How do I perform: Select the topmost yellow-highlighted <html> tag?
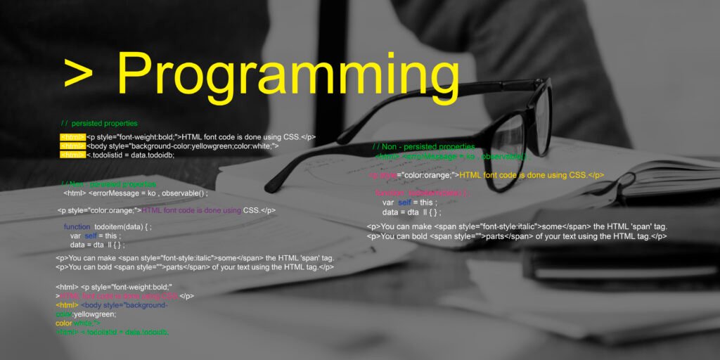[72, 136]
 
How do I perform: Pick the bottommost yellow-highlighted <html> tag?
[72, 155]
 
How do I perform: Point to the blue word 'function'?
[77, 227]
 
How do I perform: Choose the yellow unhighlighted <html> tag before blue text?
[67, 305]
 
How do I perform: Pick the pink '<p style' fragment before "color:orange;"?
[382, 175]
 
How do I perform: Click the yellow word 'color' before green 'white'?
[64, 323]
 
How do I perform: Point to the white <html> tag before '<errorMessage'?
[75, 193]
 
